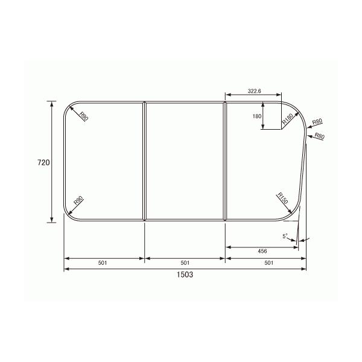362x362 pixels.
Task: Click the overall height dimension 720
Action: point(42,162)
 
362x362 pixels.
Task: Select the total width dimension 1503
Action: point(185,273)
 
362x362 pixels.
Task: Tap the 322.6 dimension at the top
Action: point(254,91)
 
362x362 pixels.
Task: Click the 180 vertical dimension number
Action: point(256,116)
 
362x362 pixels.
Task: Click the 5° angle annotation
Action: point(287,236)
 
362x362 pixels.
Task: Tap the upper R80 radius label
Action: point(317,122)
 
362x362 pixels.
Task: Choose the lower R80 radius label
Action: point(319,137)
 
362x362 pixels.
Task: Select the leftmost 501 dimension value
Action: point(104,263)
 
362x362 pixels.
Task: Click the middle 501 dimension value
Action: point(185,263)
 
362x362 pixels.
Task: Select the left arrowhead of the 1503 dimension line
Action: point(67,268)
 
